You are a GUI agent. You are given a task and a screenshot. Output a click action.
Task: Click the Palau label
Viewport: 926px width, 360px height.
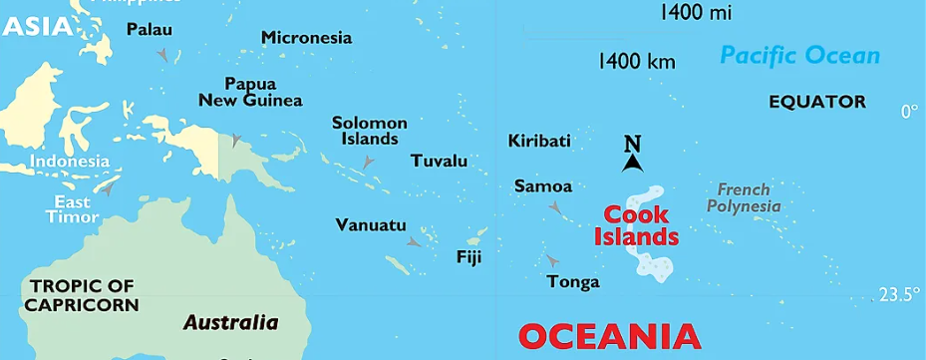tap(149, 30)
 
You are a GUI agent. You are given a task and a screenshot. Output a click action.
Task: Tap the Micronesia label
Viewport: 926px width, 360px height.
tap(306, 38)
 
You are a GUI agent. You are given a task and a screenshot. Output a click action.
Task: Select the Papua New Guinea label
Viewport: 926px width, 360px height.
tap(250, 92)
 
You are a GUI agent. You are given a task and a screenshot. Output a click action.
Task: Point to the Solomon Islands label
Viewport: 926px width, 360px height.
tap(370, 131)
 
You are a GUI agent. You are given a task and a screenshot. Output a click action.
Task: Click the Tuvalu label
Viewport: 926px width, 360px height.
tap(439, 161)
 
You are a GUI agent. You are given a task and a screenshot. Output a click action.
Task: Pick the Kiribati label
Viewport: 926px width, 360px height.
tap(539, 141)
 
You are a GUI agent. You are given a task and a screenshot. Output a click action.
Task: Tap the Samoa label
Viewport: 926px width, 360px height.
tap(543, 186)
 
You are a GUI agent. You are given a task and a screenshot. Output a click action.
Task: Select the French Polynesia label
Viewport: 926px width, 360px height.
tap(743, 197)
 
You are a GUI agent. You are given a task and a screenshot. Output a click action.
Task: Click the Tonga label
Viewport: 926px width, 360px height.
tap(573, 282)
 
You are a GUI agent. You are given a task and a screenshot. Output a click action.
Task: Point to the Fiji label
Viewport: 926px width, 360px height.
tap(468, 256)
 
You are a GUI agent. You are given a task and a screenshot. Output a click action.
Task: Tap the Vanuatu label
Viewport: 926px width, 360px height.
tap(371, 224)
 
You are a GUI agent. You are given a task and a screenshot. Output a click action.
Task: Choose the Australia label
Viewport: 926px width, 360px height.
tap(230, 322)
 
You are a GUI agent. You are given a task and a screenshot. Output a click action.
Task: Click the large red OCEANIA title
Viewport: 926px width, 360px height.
tap(609, 337)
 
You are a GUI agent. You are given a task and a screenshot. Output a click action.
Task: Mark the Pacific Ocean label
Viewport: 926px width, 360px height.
tap(799, 56)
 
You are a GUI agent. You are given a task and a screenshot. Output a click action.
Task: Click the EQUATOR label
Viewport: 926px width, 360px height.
tap(817, 102)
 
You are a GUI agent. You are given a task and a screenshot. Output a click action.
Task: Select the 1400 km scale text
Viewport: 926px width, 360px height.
tap(636, 62)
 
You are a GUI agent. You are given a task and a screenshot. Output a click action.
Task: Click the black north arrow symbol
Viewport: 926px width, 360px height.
tap(632, 157)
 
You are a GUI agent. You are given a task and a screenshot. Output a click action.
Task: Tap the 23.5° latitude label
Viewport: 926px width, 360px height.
tap(898, 294)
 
